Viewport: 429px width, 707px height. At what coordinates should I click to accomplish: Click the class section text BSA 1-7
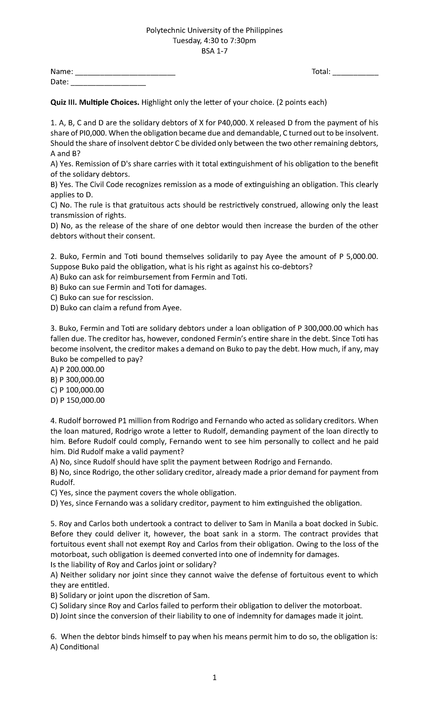point(214,51)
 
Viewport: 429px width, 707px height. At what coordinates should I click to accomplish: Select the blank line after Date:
point(108,83)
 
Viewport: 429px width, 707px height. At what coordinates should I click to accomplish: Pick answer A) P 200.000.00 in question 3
point(78,370)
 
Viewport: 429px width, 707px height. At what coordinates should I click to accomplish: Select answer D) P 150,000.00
point(78,400)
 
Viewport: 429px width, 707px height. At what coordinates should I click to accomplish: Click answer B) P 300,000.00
point(78,380)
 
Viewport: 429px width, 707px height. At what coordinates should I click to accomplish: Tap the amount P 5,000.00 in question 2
point(357,257)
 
